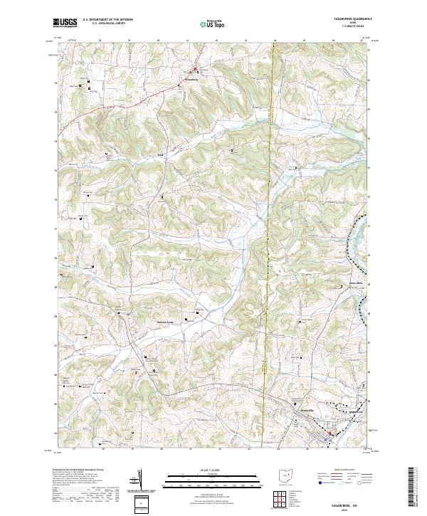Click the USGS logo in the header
point(65,23)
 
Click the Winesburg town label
point(200,80)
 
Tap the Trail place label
point(160,153)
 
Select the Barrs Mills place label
point(346,283)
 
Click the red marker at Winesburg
point(197,70)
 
